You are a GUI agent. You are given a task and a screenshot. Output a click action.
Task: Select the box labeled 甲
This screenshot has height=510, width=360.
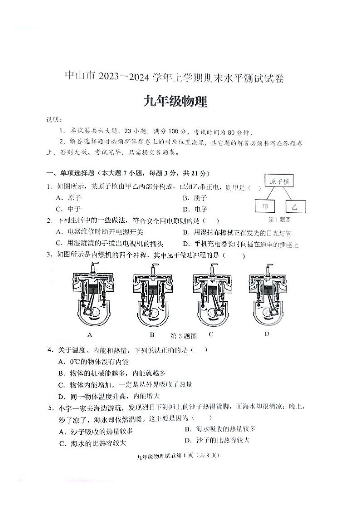(265, 207)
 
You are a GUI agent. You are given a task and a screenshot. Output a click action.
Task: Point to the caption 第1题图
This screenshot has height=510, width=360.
(280, 220)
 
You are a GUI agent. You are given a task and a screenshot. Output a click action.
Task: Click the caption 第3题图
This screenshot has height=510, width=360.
(183, 336)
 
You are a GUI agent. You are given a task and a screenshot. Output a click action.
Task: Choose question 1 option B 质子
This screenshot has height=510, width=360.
(195, 198)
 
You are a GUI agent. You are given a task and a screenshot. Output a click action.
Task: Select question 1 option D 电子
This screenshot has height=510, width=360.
(195, 209)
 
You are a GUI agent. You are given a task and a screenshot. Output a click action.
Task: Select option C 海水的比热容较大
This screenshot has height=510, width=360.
(93, 443)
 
